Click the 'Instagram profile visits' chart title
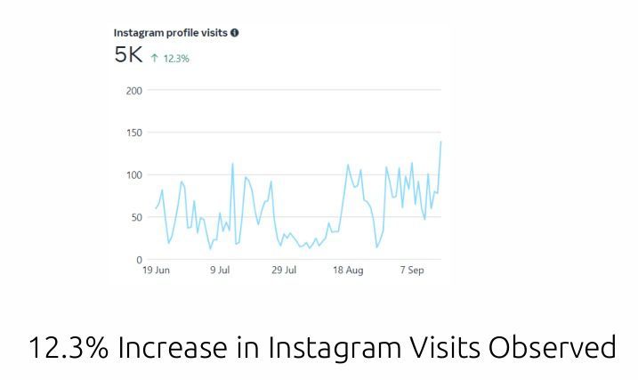171,32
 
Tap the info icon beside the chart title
235,32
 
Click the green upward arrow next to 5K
154,57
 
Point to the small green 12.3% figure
175,58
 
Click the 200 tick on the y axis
133,91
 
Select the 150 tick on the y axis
133,133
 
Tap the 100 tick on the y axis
133,174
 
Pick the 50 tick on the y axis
136,217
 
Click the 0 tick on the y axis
139,259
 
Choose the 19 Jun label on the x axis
156,271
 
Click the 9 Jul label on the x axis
220,271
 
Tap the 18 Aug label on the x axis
348,271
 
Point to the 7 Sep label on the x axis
411,271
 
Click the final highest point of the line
440,141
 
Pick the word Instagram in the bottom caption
311,347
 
